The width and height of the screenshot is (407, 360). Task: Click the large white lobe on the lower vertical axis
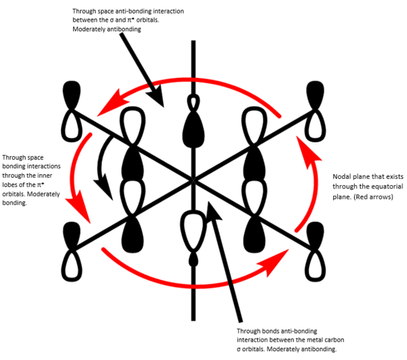click(194, 230)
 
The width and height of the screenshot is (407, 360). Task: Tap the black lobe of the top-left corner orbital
click(71, 92)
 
